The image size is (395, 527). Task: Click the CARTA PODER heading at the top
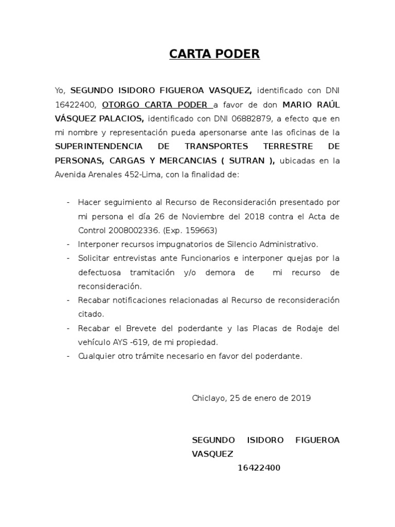tap(214, 54)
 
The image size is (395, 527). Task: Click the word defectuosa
tap(99, 272)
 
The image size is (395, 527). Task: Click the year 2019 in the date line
tap(300, 398)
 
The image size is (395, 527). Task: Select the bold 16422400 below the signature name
tap(259, 468)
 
